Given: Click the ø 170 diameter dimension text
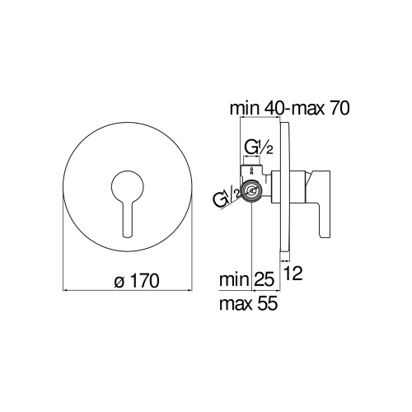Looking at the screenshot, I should click(137, 280).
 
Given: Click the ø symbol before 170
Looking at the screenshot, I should click(119, 281).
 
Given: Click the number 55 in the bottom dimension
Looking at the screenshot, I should click(265, 302).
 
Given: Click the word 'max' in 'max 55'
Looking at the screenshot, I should click(235, 302).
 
